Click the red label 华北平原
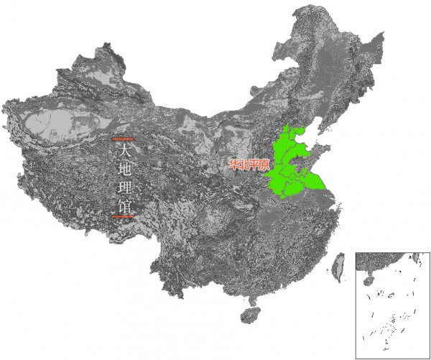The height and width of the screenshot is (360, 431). pos(249,165)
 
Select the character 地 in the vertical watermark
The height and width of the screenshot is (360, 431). pos(125,170)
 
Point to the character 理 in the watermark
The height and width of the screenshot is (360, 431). pos(125,189)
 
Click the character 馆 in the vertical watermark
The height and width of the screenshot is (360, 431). pos(125,207)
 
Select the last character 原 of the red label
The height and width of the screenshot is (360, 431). pos(264,165)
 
